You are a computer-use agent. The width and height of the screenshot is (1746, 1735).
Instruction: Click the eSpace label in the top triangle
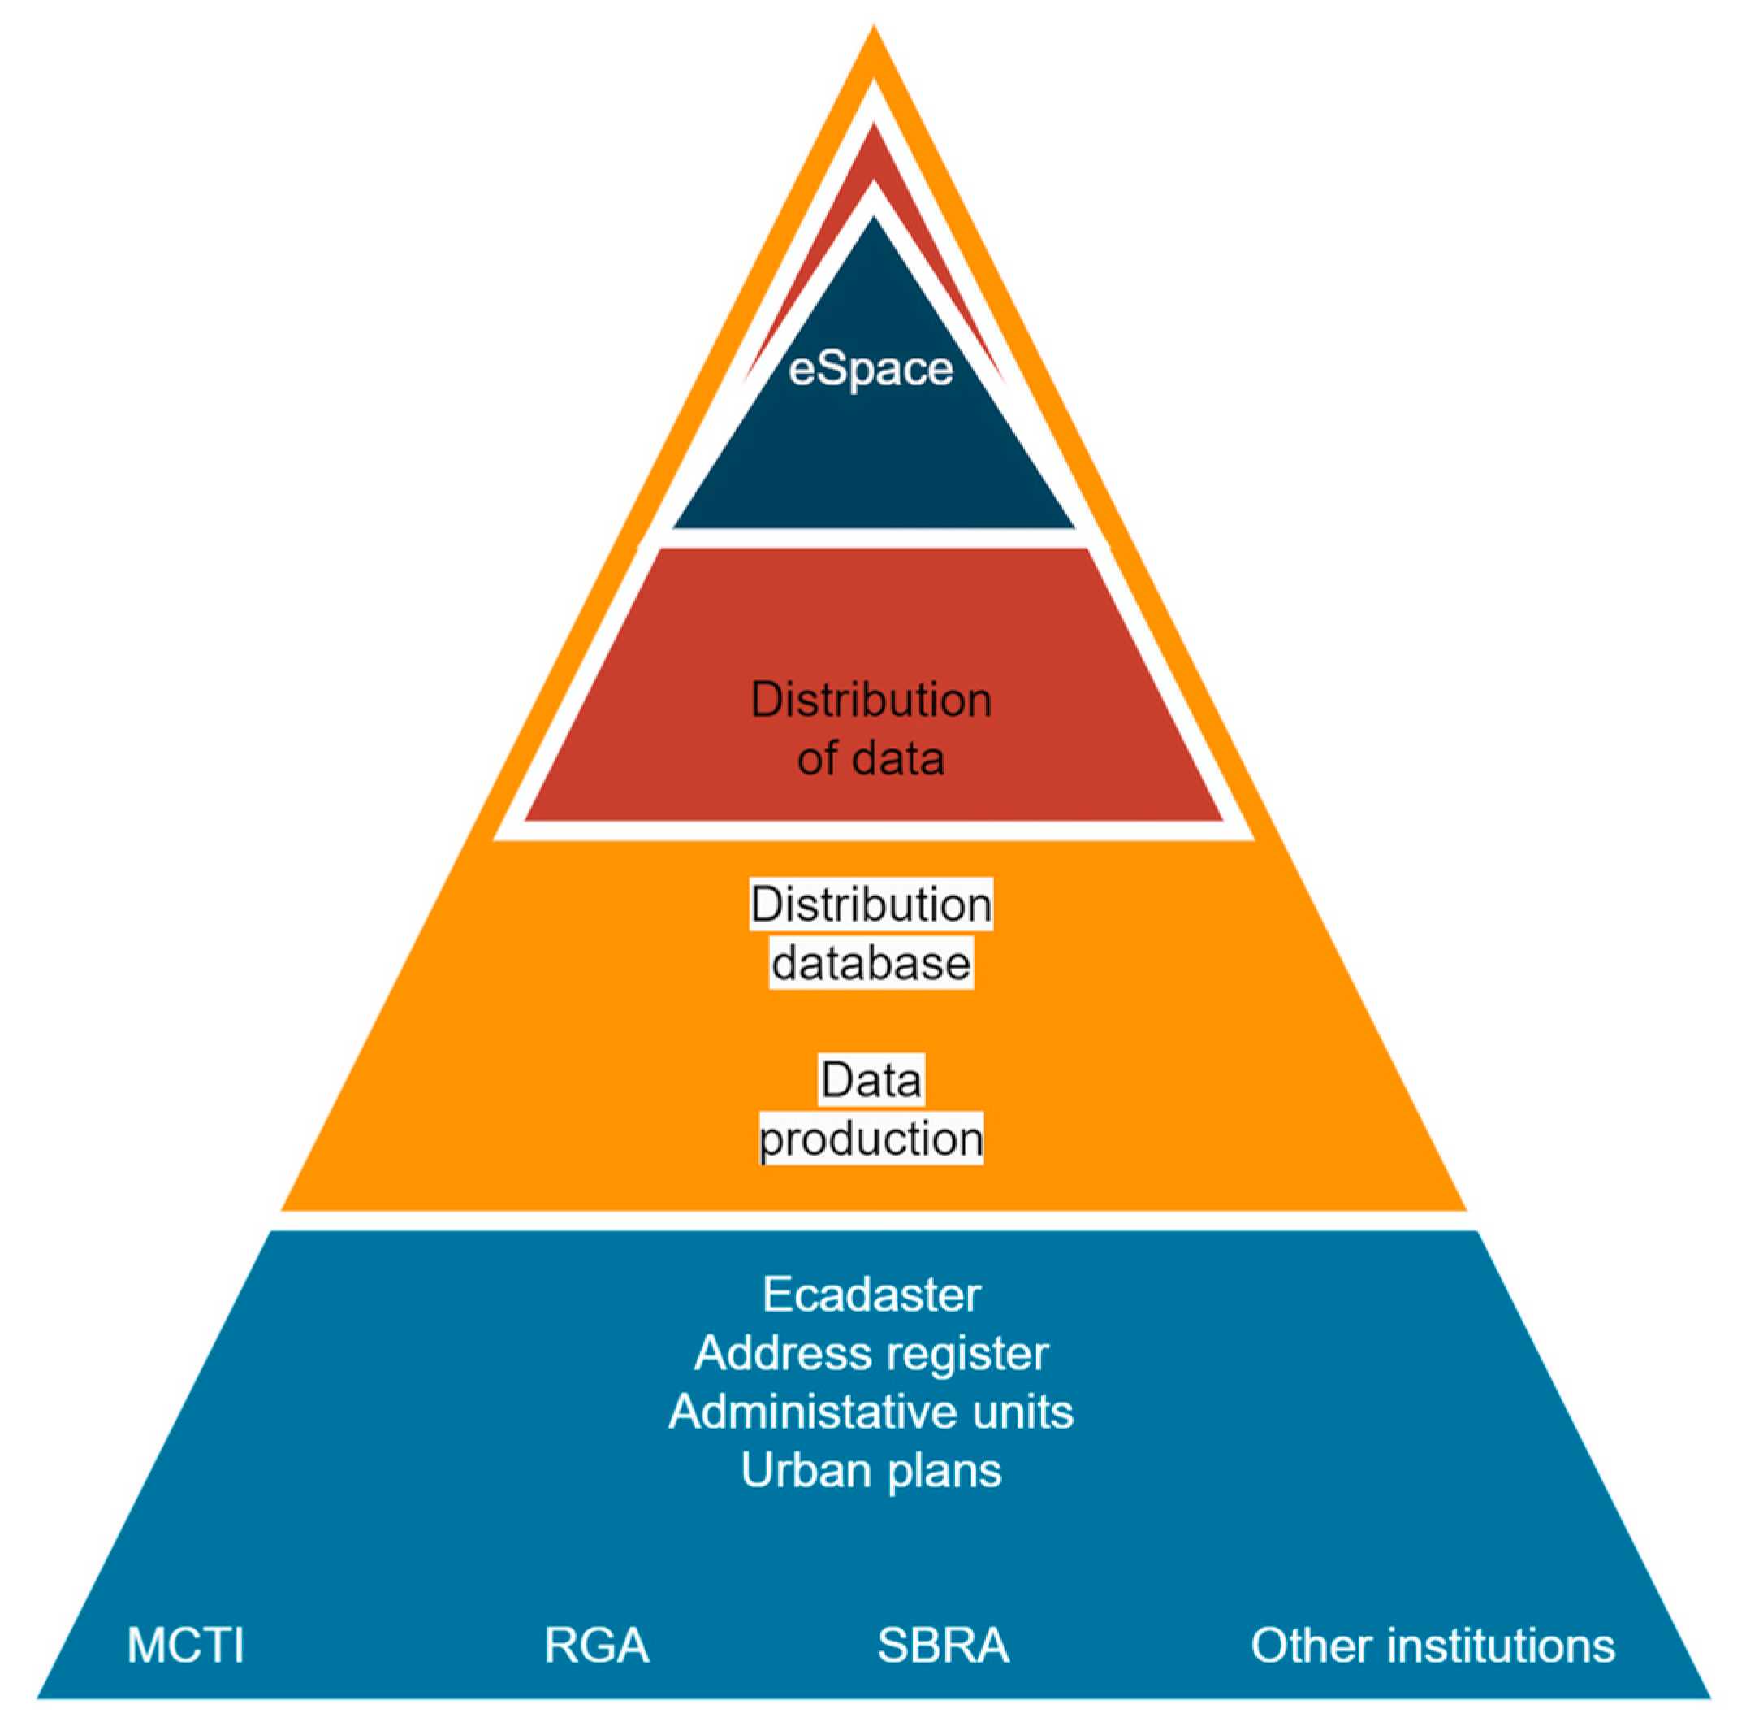871,369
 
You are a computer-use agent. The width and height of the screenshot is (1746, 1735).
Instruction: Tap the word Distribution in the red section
871,701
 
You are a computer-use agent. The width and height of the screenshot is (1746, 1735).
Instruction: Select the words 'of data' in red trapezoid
871,757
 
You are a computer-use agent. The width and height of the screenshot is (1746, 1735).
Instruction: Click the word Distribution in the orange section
871,905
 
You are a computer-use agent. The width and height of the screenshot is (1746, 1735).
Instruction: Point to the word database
871,963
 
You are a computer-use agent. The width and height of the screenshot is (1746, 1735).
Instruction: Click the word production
871,1139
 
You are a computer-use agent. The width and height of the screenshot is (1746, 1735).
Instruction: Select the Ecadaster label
871,1294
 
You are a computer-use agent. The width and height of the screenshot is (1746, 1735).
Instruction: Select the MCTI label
185,1646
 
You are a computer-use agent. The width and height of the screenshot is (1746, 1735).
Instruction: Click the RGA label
596,1646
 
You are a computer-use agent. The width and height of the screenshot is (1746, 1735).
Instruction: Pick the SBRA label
943,1646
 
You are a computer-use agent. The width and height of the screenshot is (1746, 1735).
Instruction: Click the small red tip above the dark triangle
873,154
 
